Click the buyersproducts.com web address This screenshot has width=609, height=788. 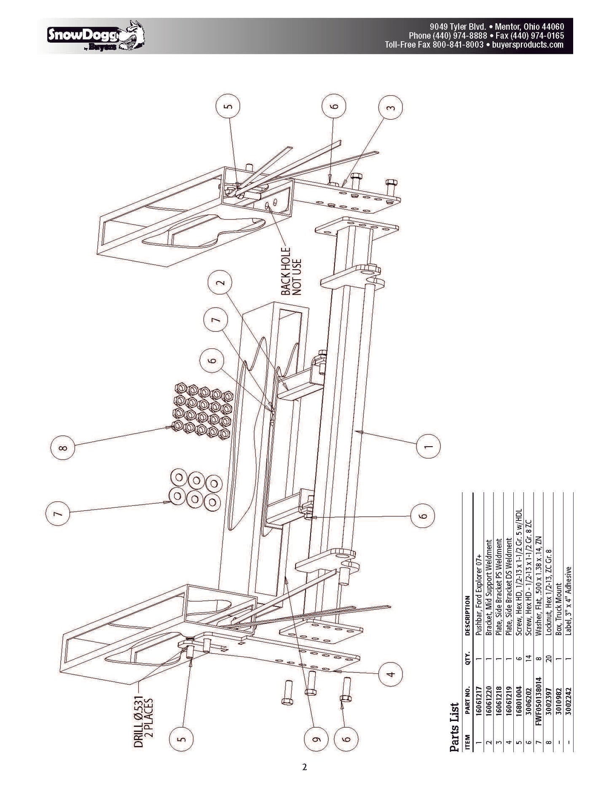(x=527, y=45)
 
